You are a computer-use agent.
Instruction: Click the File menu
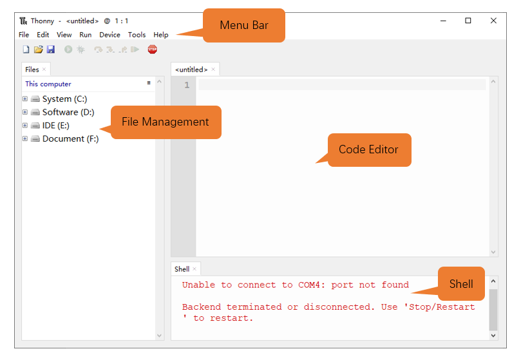coord(24,35)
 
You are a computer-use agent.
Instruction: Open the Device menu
coord(109,35)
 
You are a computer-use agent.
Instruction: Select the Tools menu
coord(137,35)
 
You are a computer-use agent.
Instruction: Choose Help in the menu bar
coord(161,35)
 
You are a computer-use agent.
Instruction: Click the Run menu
coord(86,35)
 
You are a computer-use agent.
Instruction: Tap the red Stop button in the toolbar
coord(153,50)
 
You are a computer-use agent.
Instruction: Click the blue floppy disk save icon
coord(50,50)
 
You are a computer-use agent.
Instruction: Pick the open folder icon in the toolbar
coord(39,50)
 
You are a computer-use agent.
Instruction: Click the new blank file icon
coord(26,50)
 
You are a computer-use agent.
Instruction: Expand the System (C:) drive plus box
coord(25,99)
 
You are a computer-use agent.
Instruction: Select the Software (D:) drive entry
coord(68,112)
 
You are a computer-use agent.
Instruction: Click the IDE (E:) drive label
coord(56,126)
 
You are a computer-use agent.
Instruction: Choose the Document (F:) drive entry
coord(70,138)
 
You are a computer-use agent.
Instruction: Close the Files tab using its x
coord(44,69)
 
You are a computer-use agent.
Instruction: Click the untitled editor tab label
coord(191,70)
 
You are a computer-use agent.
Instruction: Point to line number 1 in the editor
coord(187,85)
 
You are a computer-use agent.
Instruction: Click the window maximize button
coord(468,21)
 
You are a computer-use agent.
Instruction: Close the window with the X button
coord(493,21)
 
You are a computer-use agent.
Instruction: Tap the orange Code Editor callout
coord(369,150)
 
